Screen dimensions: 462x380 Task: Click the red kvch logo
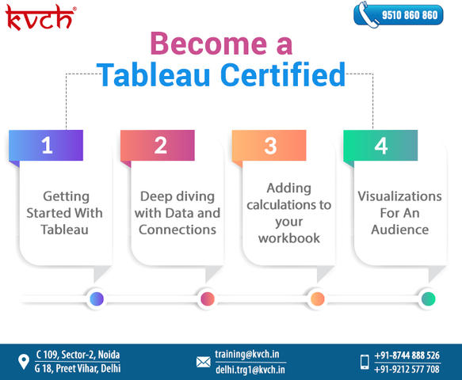click(x=40, y=17)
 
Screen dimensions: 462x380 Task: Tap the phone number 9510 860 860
click(x=410, y=15)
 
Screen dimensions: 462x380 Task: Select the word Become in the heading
click(x=208, y=44)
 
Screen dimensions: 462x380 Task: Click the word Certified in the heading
click(x=283, y=74)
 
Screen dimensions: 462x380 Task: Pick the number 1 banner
click(x=46, y=145)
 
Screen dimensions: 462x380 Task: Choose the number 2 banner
click(x=158, y=145)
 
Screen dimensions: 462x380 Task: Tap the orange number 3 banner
click(x=269, y=145)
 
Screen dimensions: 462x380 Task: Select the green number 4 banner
click(x=380, y=145)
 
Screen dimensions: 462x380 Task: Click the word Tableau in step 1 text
click(x=64, y=230)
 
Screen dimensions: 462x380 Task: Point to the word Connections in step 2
click(x=178, y=230)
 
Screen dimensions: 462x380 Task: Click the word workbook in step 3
click(x=289, y=237)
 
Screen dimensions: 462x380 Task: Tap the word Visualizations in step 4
click(x=400, y=196)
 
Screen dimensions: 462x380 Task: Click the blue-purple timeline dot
click(x=97, y=298)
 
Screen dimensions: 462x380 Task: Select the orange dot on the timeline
click(x=317, y=298)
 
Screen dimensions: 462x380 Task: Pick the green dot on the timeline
click(x=429, y=298)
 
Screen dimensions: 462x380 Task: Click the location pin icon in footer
click(x=24, y=362)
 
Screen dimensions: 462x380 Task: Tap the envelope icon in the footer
click(x=204, y=362)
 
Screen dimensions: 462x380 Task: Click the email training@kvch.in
click(x=247, y=354)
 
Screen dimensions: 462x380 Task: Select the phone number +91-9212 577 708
click(x=407, y=369)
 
